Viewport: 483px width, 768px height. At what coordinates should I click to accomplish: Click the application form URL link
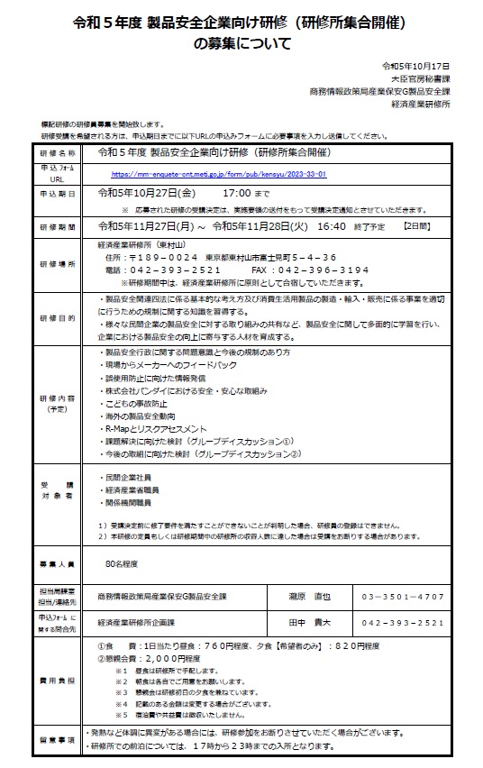(219, 174)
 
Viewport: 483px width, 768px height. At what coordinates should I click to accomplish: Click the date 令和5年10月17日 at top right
(415, 67)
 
